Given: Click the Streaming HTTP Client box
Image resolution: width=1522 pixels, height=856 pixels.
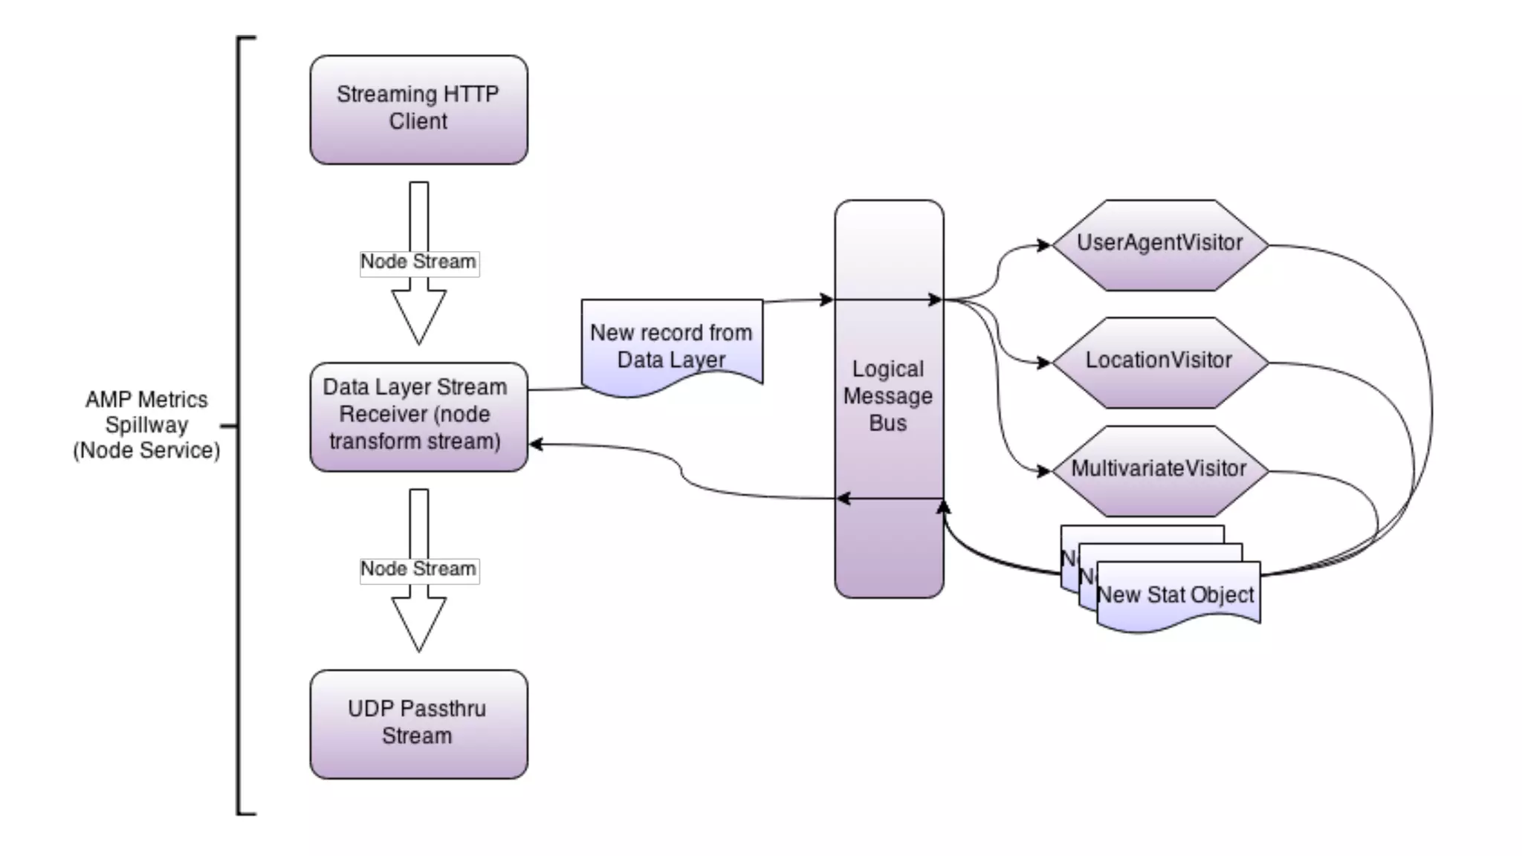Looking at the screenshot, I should click(x=418, y=109).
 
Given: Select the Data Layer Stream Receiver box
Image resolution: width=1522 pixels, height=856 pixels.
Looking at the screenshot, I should click(x=418, y=416).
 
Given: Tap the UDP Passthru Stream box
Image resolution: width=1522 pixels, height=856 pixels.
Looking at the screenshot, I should click(x=418, y=724).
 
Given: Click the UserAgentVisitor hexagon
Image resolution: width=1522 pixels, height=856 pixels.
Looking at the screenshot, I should click(x=1159, y=244).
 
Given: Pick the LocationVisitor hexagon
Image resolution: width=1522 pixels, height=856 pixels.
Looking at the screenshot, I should click(x=1159, y=362).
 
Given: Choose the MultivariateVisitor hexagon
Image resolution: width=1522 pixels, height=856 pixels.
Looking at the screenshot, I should click(x=1159, y=470).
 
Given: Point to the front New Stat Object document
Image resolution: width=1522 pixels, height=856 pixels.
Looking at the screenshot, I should click(x=1177, y=596).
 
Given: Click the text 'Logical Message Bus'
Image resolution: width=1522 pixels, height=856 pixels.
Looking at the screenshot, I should click(x=888, y=395).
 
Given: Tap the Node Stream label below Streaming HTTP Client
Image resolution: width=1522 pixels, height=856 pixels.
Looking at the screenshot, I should click(x=418, y=262).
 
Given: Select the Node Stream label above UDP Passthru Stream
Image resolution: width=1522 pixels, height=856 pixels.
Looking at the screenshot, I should click(x=418, y=569).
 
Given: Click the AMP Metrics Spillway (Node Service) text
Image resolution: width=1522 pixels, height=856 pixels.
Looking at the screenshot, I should click(x=146, y=425).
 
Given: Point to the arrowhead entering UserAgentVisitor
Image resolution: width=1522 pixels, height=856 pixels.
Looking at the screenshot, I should click(x=1044, y=245).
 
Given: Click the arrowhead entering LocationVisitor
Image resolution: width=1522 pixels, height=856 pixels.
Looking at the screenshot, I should click(x=1044, y=363).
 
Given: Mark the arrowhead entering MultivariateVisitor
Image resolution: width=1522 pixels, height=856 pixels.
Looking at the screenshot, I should click(x=1044, y=471).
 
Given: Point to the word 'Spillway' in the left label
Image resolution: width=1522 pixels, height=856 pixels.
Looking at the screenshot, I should click(x=146, y=425).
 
